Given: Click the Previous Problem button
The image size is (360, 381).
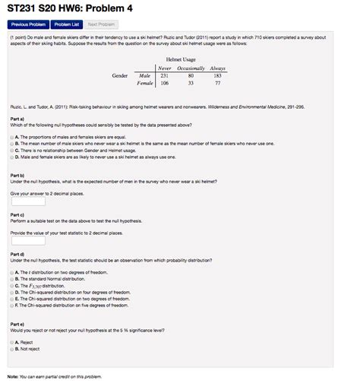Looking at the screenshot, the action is (27, 24).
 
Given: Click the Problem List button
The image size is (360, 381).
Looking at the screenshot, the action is (67, 24).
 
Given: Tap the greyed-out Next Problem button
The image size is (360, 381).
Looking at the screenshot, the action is (103, 24).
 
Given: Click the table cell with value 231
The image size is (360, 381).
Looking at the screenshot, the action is (165, 75).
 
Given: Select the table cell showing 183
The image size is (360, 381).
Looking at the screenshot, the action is (217, 75).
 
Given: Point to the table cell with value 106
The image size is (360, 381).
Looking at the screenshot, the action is (165, 83).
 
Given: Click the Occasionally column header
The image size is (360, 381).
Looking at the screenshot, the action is (191, 68).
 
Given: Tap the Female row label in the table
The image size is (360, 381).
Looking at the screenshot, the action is (144, 83).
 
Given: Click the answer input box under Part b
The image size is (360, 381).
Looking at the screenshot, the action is (28, 202).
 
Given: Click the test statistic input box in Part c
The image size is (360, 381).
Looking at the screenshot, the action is (28, 240).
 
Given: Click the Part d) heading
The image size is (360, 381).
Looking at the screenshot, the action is (17, 254).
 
